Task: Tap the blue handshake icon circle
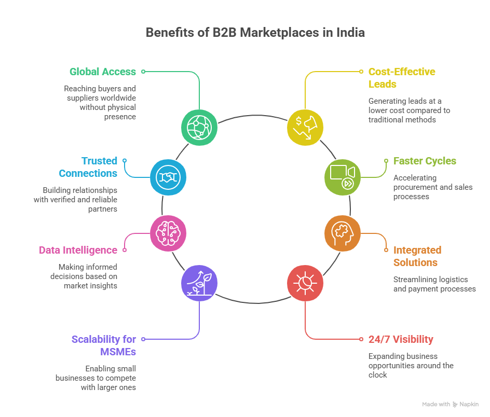(168, 177)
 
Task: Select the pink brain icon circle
(168, 233)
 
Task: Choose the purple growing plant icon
(199, 283)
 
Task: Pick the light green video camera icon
(343, 177)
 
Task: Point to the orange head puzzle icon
(343, 233)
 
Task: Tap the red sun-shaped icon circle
(305, 283)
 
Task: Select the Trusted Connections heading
(88, 167)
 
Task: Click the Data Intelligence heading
(78, 250)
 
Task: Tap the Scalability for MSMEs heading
(104, 345)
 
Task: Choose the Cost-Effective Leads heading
(401, 78)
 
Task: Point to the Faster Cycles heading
(425, 161)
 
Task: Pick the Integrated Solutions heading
(417, 256)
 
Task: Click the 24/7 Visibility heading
(400, 340)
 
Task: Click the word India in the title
(351, 32)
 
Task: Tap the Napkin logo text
(469, 404)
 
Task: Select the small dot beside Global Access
(143, 72)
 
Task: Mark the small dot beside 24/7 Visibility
(362, 339)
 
